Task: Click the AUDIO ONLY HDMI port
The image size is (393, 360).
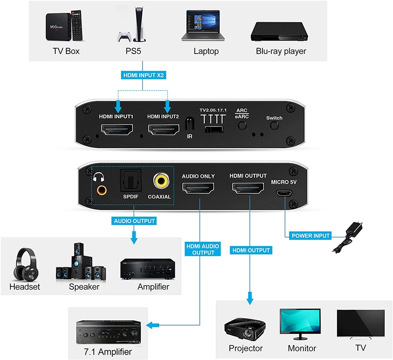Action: coord(198,188)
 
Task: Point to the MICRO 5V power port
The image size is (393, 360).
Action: coord(281,193)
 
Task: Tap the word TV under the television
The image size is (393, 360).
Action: coord(360,348)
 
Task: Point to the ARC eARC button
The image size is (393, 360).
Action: coord(242,125)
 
